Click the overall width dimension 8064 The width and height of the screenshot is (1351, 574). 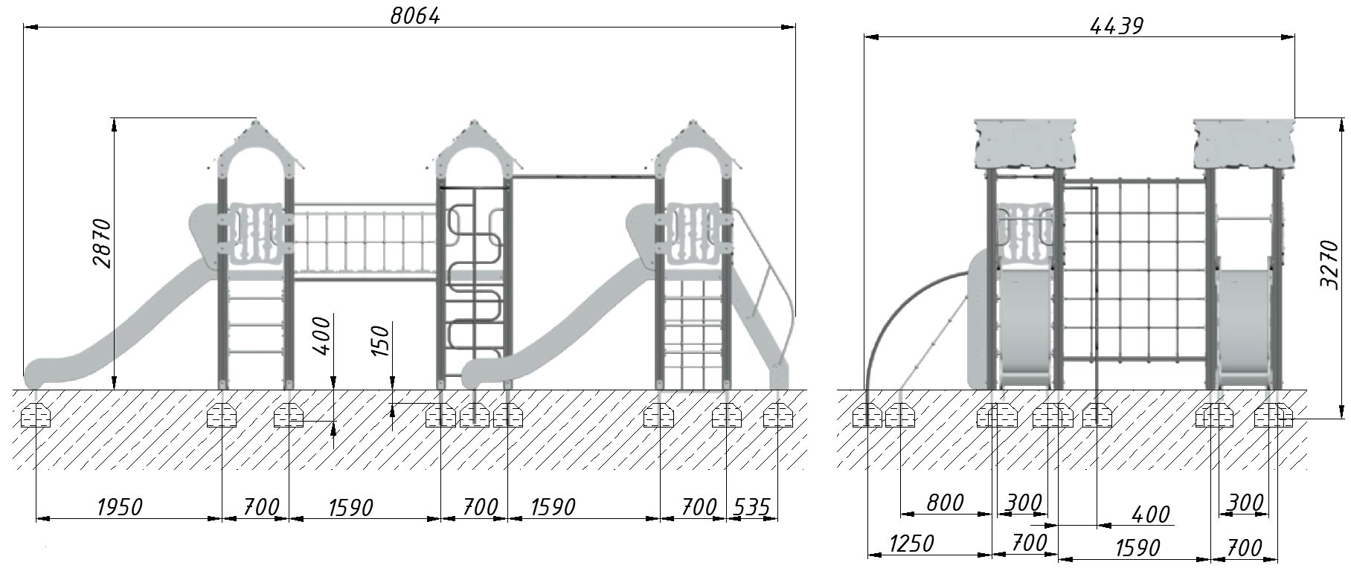(415, 16)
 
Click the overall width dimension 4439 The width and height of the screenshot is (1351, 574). (1116, 26)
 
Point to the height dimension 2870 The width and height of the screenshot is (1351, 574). (101, 243)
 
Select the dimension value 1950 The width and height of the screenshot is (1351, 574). (119, 507)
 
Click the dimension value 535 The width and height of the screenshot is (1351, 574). (751, 507)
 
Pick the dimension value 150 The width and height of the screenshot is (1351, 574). (380, 341)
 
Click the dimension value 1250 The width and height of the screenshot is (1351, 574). (911, 544)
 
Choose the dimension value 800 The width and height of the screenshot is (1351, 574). (945, 503)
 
